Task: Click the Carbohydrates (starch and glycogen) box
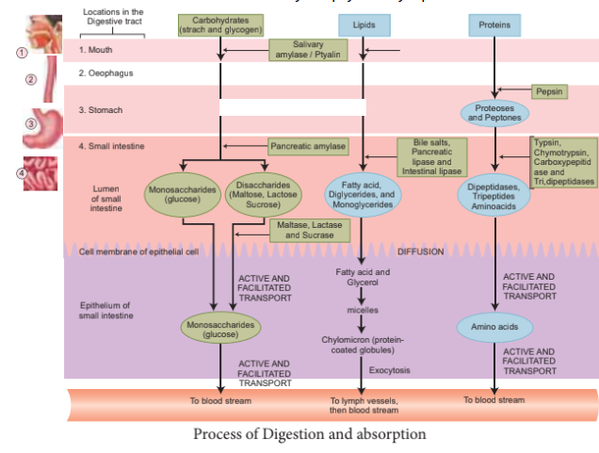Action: point(220,24)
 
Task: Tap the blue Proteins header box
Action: point(494,24)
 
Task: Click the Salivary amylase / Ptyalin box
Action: point(308,50)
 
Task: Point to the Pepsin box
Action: point(548,91)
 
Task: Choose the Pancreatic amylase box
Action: point(308,147)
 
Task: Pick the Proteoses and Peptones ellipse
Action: point(494,113)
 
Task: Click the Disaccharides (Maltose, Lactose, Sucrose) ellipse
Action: point(262,196)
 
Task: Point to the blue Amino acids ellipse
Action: point(494,327)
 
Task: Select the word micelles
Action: point(363,309)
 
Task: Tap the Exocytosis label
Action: point(389,370)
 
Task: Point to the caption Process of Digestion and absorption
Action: point(309,434)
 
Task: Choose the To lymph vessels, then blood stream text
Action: point(364,405)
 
